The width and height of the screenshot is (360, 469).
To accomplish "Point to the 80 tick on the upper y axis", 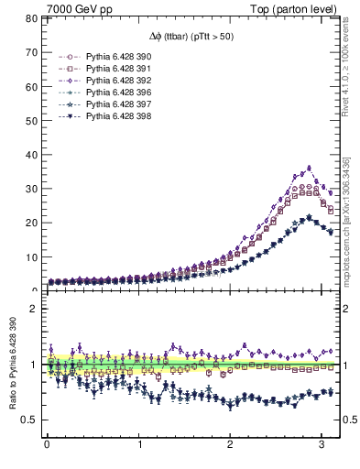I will (30, 18).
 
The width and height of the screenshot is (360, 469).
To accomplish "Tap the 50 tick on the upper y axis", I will (30, 120).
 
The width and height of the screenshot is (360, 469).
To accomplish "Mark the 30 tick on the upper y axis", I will (30, 189).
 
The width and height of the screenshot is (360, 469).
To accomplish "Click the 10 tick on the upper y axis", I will (30, 257).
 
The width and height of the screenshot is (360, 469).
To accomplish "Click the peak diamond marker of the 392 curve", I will (309, 168).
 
